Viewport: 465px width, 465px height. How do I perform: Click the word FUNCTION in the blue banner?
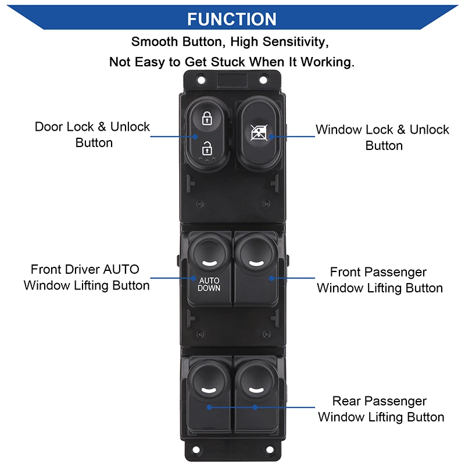[232, 19]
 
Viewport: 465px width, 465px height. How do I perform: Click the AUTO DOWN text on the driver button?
[209, 284]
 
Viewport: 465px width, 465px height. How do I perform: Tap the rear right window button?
[256, 389]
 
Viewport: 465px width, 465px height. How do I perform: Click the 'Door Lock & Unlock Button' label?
[92, 134]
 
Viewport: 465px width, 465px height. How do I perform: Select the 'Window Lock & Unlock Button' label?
[382, 137]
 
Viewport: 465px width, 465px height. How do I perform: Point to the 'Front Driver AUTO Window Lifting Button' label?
[87, 277]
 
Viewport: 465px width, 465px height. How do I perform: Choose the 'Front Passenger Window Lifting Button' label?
[379, 280]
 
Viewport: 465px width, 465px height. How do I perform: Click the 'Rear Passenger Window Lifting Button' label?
[380, 409]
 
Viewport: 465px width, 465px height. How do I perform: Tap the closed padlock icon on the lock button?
[206, 119]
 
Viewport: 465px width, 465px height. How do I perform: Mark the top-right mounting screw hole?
[263, 78]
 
